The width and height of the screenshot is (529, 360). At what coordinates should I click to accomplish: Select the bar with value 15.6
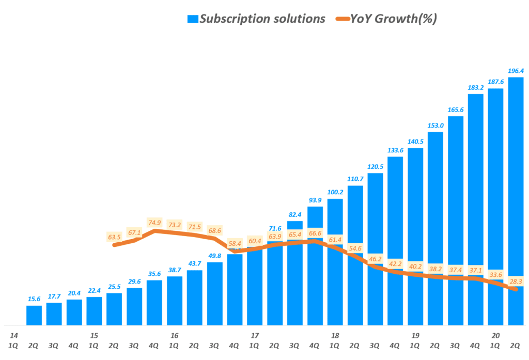click(x=34, y=315)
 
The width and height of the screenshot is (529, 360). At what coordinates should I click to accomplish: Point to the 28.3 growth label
click(x=516, y=281)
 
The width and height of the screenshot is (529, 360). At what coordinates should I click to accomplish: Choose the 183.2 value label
click(x=475, y=88)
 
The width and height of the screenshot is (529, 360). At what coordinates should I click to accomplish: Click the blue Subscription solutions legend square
click(x=192, y=19)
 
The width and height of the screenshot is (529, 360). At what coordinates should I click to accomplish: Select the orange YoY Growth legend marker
click(x=341, y=19)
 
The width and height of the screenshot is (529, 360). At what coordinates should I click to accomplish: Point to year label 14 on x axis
click(x=13, y=336)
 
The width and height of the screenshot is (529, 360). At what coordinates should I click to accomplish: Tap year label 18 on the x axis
click(x=335, y=336)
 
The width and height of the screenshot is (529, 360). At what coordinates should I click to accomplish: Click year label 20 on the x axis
click(x=495, y=336)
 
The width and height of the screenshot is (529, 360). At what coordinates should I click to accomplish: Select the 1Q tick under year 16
click(x=175, y=345)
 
